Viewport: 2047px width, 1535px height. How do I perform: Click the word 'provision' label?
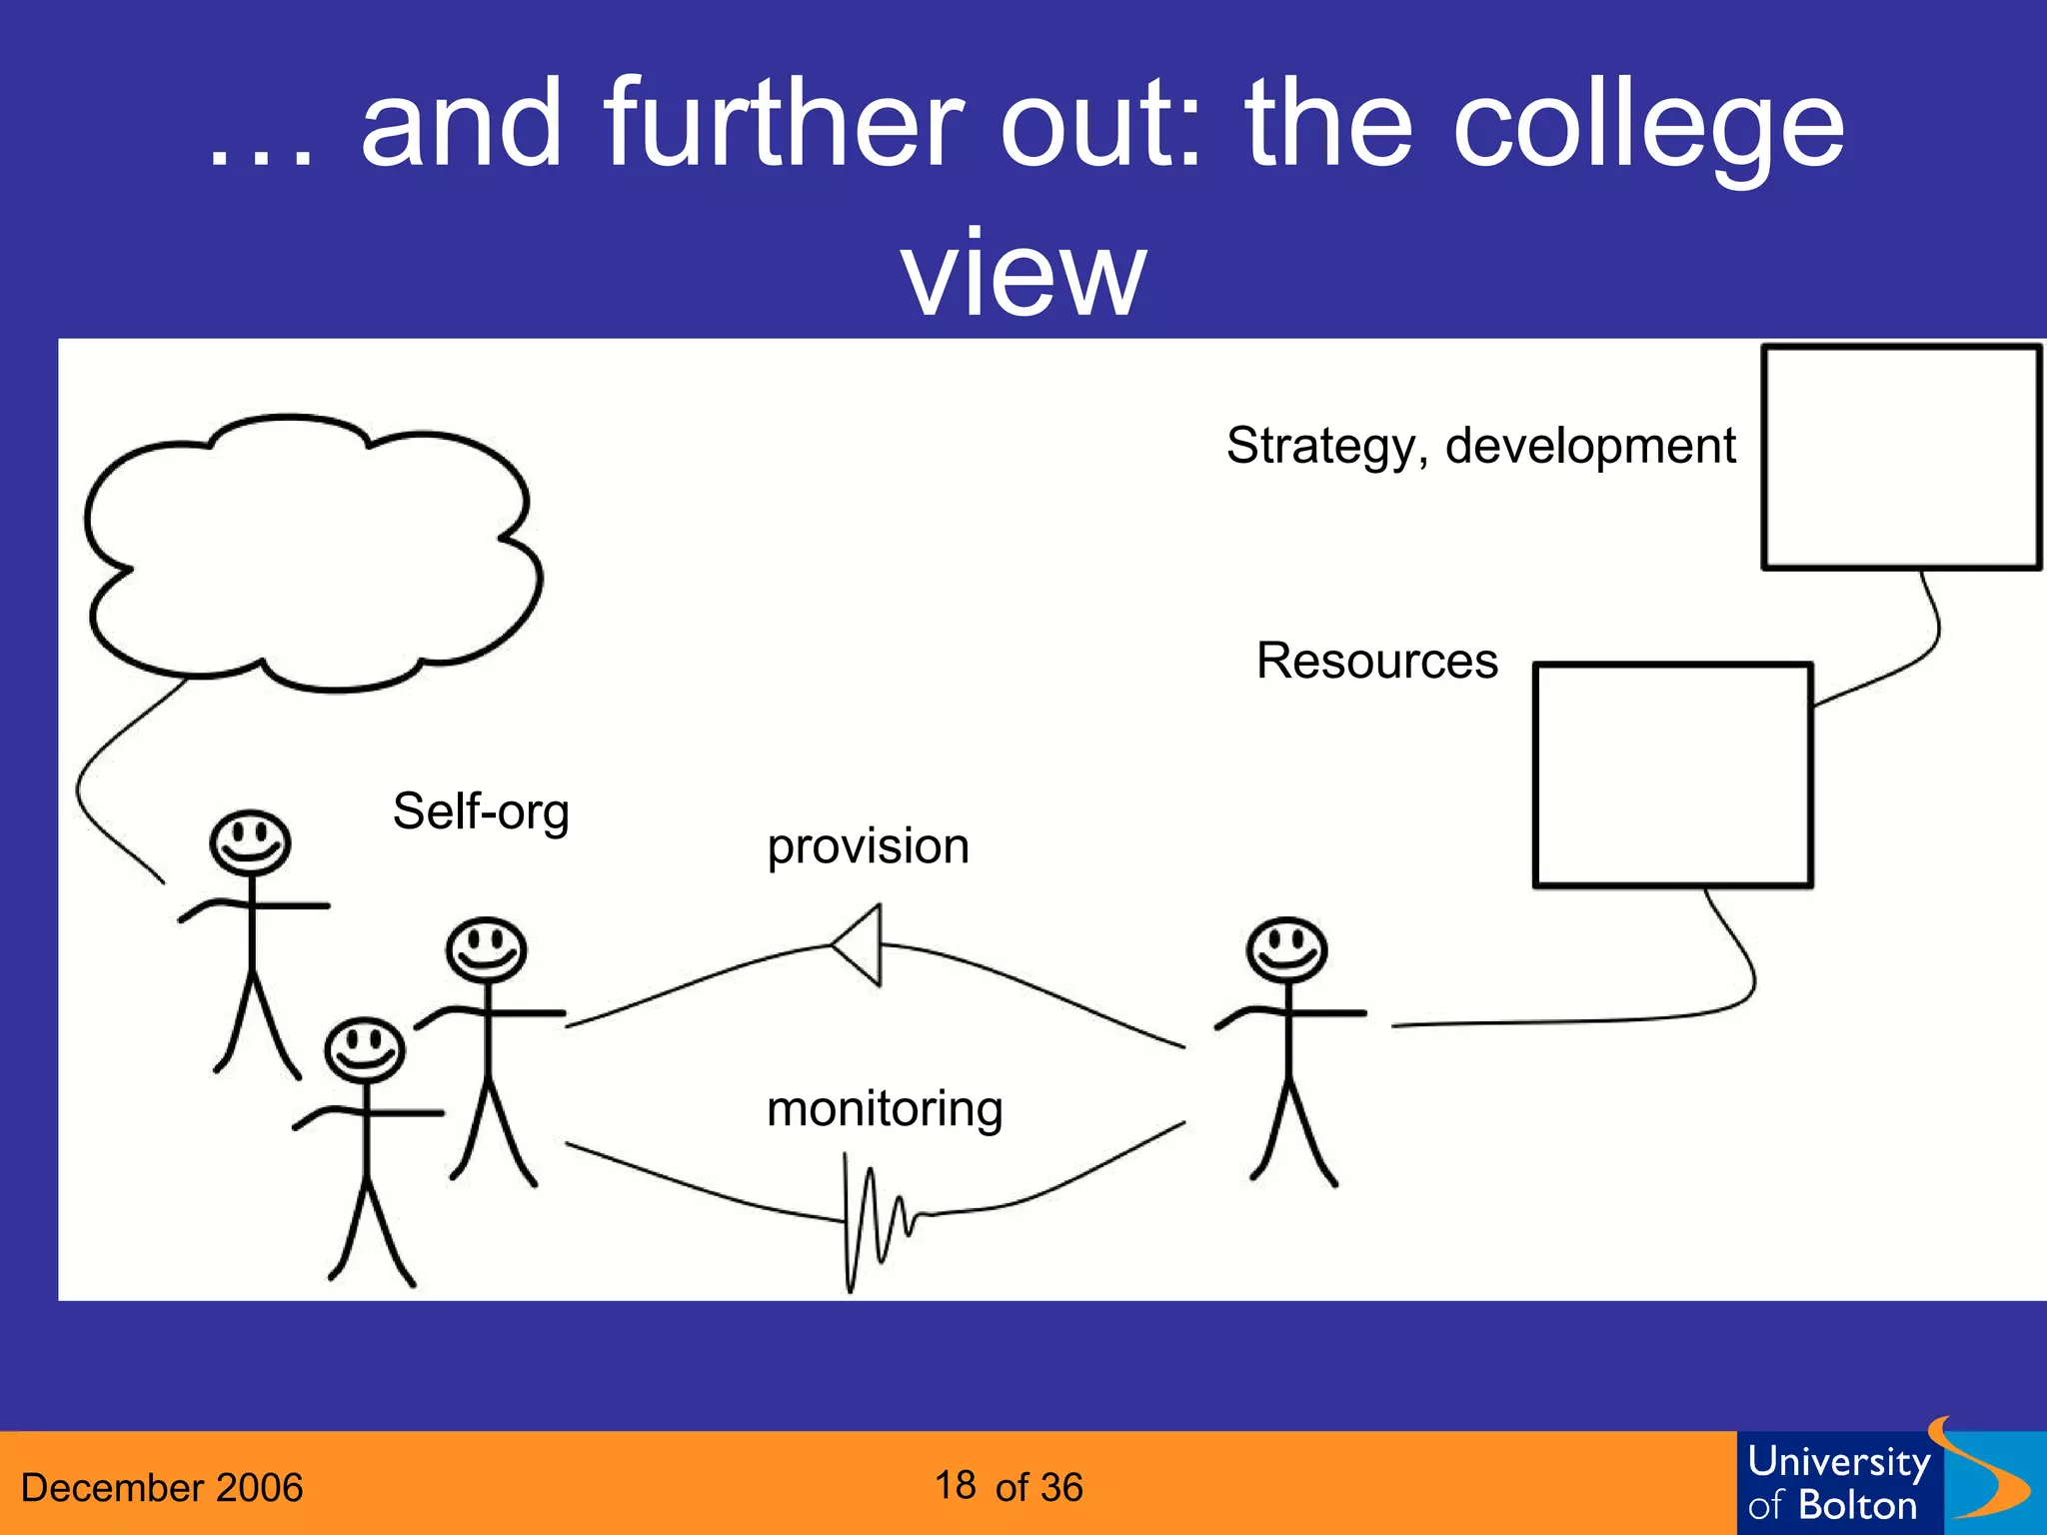868,847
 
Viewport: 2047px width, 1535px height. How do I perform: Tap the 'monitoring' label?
885,1109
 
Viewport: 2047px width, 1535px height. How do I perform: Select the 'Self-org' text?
481,811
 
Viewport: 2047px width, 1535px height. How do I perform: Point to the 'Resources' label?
1376,661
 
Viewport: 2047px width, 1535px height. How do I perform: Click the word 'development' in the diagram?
1590,446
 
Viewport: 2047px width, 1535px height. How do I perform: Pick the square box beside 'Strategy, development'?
1900,458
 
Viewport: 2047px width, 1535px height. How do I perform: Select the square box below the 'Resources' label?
1672,775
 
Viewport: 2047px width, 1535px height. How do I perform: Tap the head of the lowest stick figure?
365,1048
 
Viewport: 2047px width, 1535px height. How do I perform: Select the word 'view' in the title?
1023,272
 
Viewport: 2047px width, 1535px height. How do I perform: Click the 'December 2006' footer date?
162,1487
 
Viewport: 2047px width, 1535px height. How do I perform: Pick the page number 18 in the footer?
956,1485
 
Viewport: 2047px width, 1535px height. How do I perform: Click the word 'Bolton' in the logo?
1857,1505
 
